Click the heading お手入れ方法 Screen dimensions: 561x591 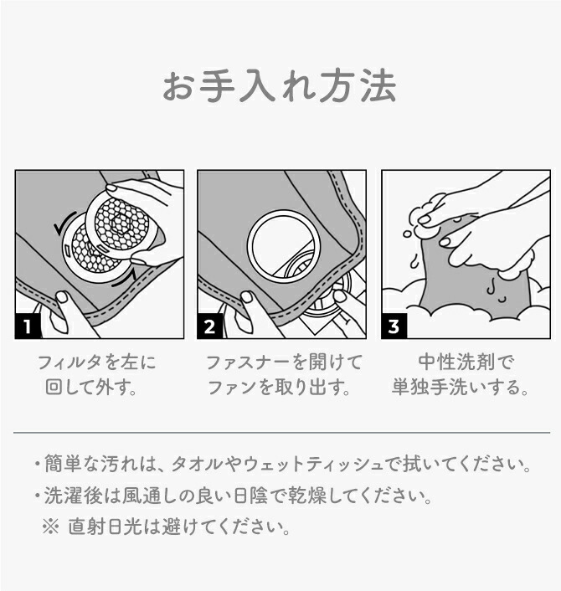280,87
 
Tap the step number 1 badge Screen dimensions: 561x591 27,326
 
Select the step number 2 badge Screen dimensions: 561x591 209,326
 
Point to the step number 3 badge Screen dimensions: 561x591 394,326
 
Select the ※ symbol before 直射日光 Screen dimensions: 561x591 50,527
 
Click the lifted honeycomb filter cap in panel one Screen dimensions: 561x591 122,223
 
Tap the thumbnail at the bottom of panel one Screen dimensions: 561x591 62,297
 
